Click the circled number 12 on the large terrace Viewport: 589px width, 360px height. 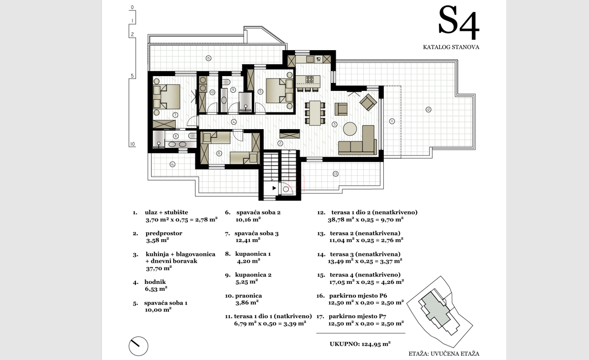coord(428,109)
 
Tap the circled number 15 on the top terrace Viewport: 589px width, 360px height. coord(208,58)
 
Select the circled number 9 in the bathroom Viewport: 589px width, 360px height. coord(233,89)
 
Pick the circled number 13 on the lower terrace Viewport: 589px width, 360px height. coord(335,173)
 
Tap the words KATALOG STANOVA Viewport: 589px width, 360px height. coord(451,48)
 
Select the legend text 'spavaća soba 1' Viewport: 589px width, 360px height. coord(165,303)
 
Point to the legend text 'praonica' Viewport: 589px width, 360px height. coord(248,296)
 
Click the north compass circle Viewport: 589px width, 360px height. coord(138,346)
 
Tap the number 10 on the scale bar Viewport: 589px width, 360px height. coord(132,144)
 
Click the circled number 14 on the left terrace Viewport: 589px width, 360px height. coord(172,164)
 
